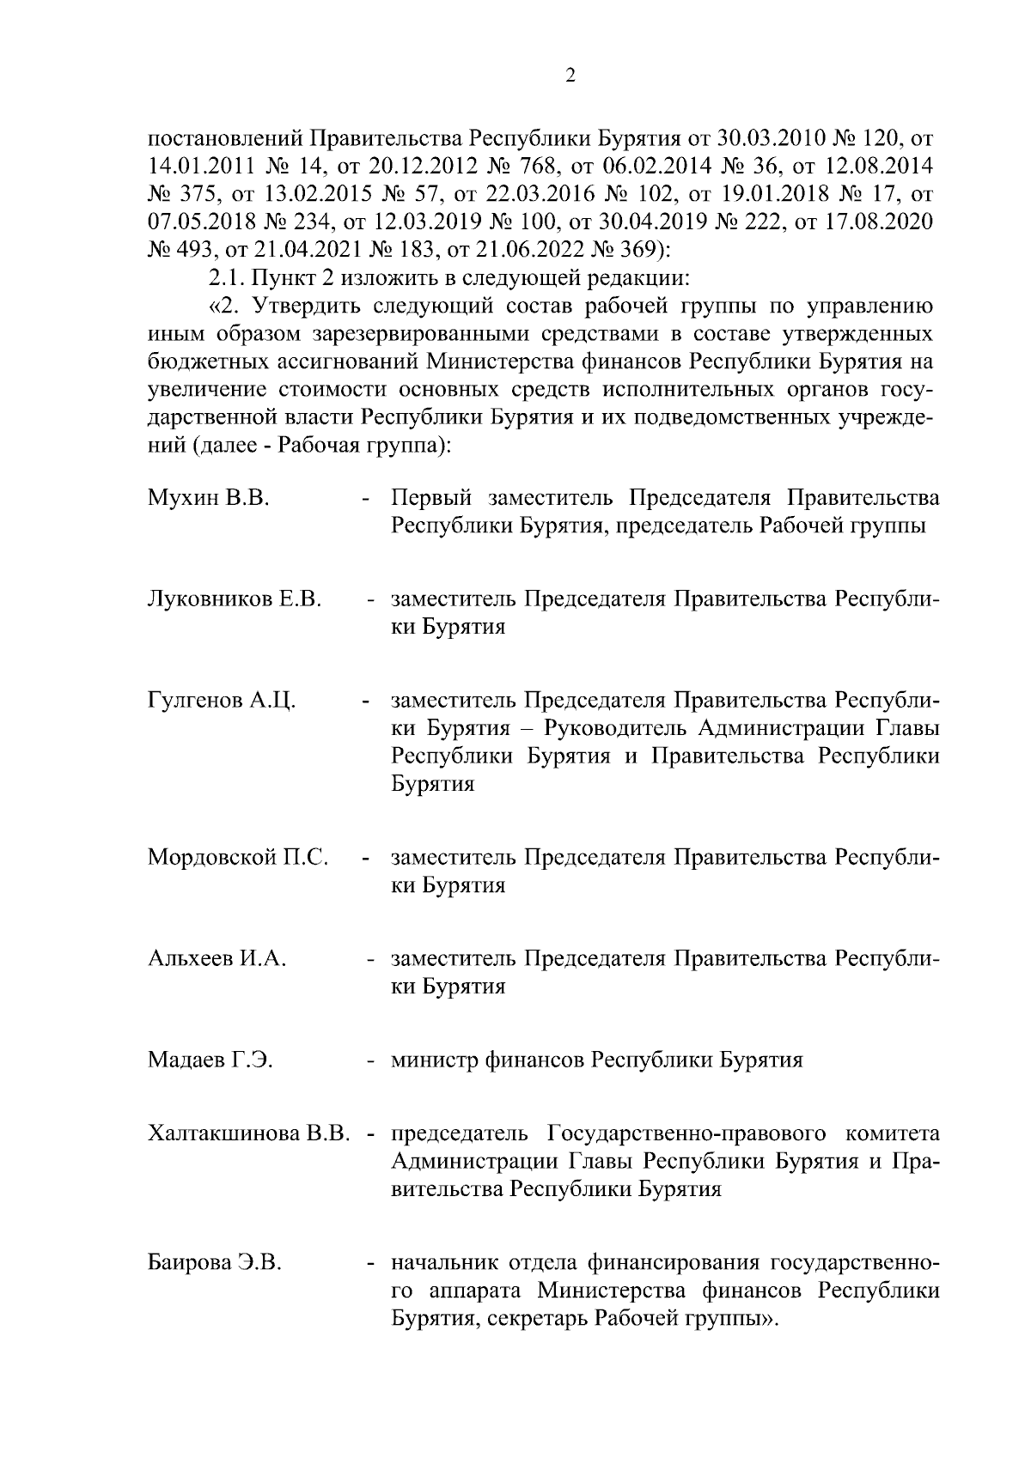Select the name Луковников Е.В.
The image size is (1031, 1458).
(x=235, y=598)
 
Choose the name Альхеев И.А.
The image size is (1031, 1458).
(x=217, y=958)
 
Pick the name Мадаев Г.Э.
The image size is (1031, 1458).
(x=210, y=1060)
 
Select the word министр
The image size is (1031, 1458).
(x=434, y=1060)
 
